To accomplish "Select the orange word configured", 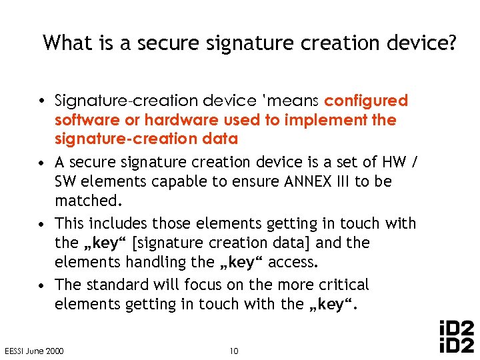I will [365, 101].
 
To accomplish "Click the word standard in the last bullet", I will [119, 285].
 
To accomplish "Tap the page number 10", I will [233, 351].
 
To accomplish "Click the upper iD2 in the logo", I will [457, 329].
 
